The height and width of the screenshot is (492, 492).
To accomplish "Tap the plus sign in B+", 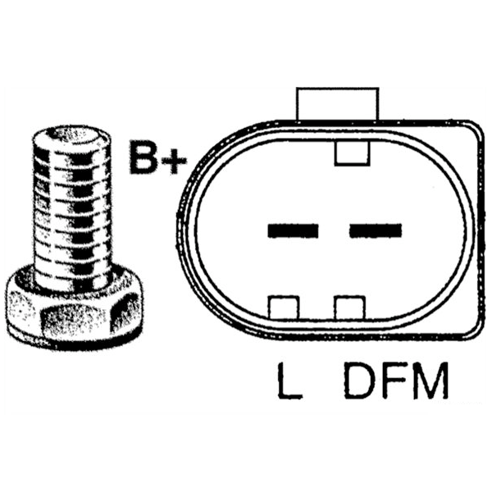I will pyautogui.click(x=173, y=159).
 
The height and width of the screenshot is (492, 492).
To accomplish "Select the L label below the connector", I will pyautogui.click(x=289, y=381).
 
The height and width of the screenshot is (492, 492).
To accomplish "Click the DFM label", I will pyautogui.click(x=396, y=381).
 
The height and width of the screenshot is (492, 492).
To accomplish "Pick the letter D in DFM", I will pyautogui.click(x=359, y=381).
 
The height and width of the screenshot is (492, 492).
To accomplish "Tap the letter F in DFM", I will pyautogui.click(x=391, y=381).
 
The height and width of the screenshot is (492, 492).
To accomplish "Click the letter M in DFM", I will pyautogui.click(x=430, y=381).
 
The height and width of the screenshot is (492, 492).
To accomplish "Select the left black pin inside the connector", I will pyautogui.click(x=293, y=231).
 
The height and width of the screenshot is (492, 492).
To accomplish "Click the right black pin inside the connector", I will pyautogui.click(x=374, y=231).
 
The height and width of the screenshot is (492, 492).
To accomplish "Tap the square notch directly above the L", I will pyautogui.click(x=284, y=307).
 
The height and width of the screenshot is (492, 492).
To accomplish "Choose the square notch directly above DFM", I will pyautogui.click(x=348, y=307).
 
